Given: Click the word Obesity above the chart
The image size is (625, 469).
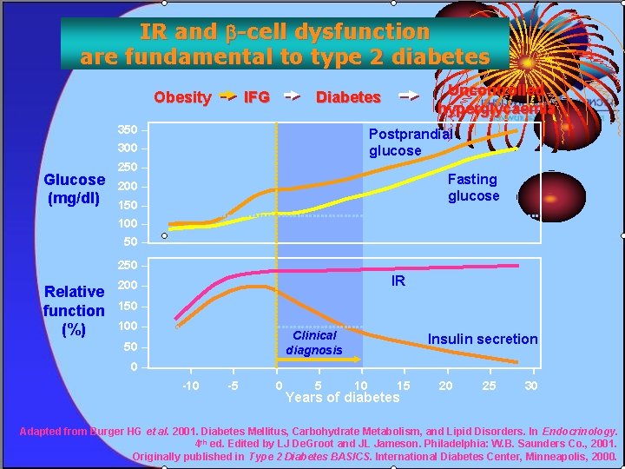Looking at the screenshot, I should pos(182,97).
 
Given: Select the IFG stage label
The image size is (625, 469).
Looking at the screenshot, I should pos(257,97).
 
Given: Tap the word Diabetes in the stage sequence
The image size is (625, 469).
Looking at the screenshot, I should pos(348,97).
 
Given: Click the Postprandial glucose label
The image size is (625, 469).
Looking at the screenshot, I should pos(410,142).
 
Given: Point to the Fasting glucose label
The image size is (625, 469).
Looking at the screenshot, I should pos(473,188).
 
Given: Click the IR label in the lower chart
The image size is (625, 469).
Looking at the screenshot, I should pos(398,281).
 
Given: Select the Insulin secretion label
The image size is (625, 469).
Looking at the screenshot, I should pos(483,339).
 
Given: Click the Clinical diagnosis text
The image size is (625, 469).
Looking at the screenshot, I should pos(314,342).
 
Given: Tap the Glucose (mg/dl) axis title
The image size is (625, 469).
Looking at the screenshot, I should pos(75,188).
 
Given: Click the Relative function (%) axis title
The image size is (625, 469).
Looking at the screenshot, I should pos(74,310).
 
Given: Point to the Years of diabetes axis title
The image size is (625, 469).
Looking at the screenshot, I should pos(343,398).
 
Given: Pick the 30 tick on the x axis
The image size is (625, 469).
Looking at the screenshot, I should pos(531,386).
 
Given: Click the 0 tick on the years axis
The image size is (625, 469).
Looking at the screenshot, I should pos(278,386).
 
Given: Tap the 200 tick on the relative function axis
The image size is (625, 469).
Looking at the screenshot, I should pos(128,286).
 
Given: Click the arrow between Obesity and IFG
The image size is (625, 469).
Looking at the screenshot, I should pos(227,97).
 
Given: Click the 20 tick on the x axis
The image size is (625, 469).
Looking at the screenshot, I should pos(445,386).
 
